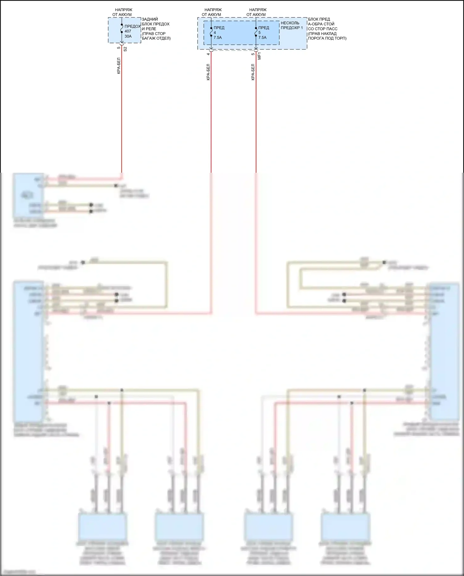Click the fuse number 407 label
[128, 31]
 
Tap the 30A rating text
[128, 36]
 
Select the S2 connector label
[125, 49]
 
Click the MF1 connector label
[260, 56]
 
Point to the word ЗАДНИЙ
[150, 19]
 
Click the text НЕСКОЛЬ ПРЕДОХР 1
[291, 25]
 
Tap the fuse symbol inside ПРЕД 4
[211, 32]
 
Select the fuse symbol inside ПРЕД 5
[256, 32]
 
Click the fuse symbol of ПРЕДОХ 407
[122, 28]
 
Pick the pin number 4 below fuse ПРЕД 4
[208, 54]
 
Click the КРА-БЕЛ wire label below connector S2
[119, 66]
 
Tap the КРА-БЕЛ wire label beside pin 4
[208, 72]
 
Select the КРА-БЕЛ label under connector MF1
[253, 72]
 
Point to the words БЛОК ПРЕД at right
[319, 19]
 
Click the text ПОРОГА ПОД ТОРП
[327, 38]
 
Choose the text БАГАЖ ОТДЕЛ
[156, 38]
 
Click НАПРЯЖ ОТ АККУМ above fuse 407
[122, 12]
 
